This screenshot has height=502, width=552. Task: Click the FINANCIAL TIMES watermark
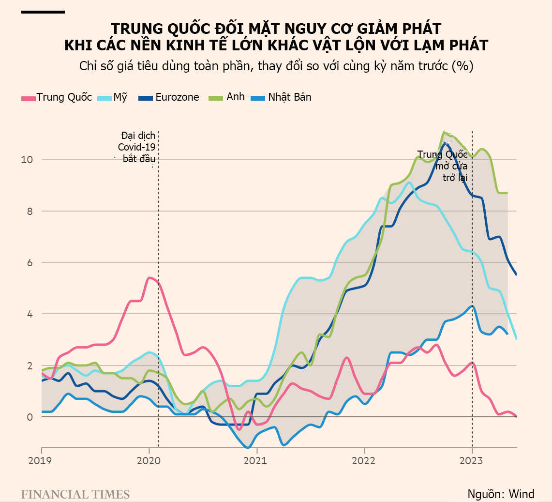click(x=75, y=494)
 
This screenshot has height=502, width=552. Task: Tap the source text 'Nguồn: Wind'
click(x=501, y=494)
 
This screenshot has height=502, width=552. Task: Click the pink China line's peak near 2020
click(x=150, y=277)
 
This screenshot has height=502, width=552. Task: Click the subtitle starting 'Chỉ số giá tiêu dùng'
click(x=276, y=66)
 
